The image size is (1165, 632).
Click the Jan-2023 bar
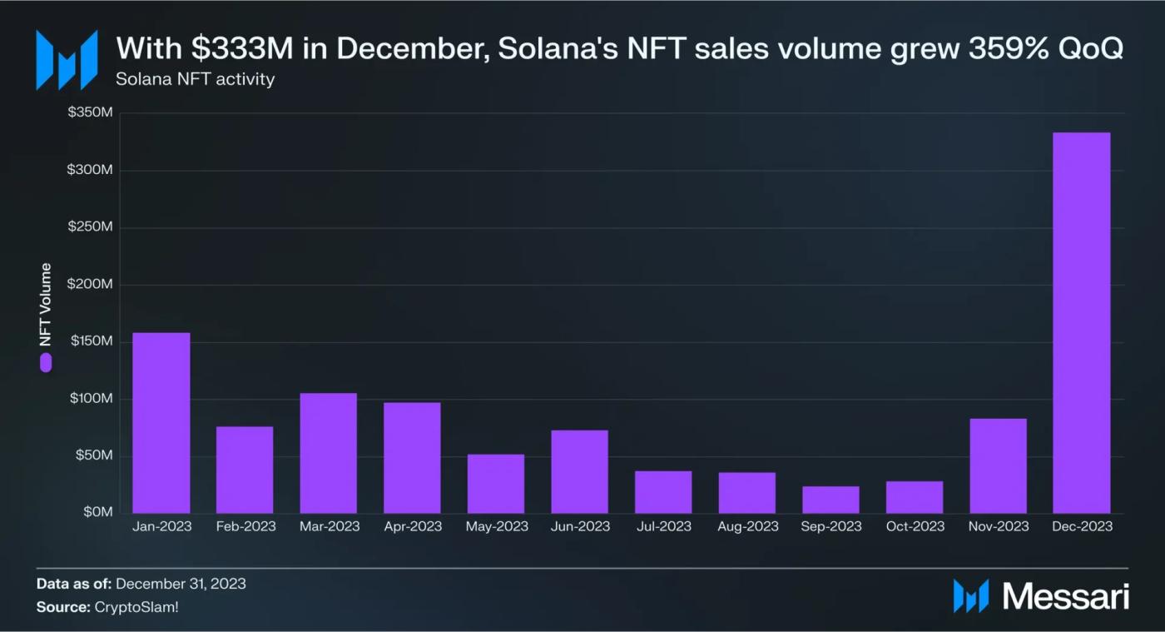tap(161, 423)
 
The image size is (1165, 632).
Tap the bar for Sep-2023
tap(830, 500)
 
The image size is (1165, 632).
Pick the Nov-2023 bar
tap(998, 465)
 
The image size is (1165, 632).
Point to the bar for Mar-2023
tap(329, 453)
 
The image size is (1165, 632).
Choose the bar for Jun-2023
tap(579, 471)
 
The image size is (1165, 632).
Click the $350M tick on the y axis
tap(89, 112)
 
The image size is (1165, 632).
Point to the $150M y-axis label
tap(89, 341)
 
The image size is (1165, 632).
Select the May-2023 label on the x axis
tap(497, 526)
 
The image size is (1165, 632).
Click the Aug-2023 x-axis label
tap(747, 526)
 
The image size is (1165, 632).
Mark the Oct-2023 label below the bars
tap(915, 526)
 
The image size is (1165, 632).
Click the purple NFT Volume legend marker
tap(46, 362)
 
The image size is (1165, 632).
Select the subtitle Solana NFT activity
tap(196, 80)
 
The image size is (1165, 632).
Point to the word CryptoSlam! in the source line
tap(136, 607)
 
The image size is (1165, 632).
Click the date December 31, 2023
tap(181, 584)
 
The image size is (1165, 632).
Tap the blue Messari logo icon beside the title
tap(67, 59)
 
